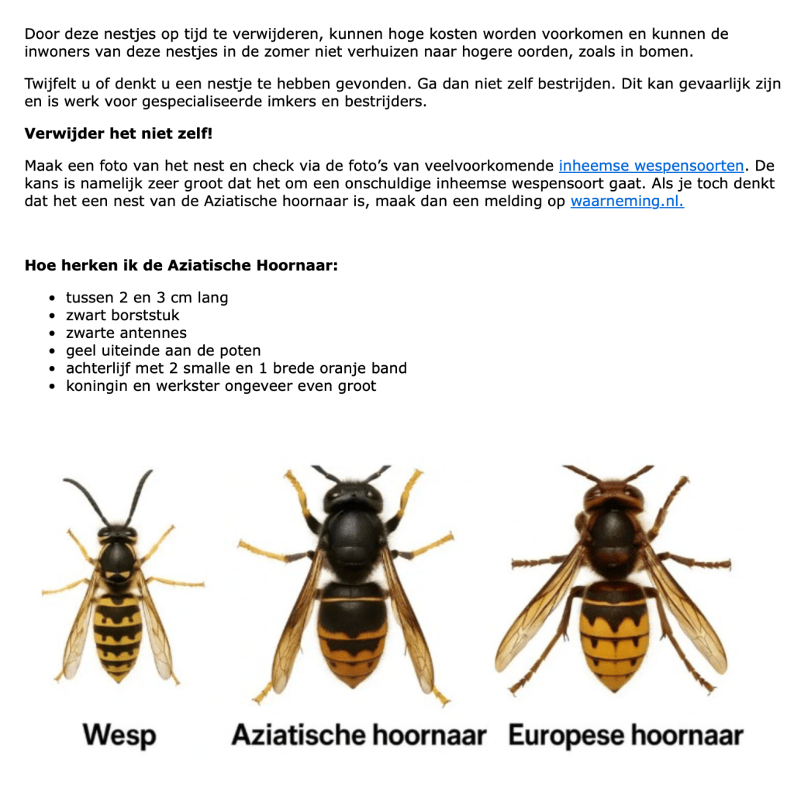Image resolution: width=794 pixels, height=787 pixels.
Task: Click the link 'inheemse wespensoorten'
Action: click(651, 166)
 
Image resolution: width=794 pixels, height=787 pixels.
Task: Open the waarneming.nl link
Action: click(627, 202)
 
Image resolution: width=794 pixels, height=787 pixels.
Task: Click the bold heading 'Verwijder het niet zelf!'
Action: click(118, 133)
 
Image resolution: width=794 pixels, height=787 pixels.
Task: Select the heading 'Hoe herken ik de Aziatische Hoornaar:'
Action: click(181, 265)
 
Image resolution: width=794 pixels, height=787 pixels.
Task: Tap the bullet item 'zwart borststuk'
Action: click(123, 316)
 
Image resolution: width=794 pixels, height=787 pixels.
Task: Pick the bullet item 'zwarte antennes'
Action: click(126, 333)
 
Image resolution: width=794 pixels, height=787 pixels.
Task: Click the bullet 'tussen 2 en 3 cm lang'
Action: click(147, 298)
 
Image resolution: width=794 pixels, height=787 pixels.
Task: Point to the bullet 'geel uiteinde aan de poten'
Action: click(163, 350)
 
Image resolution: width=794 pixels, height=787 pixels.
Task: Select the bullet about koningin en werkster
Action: click(221, 386)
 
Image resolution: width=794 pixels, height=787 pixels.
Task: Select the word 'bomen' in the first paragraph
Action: click(669, 52)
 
